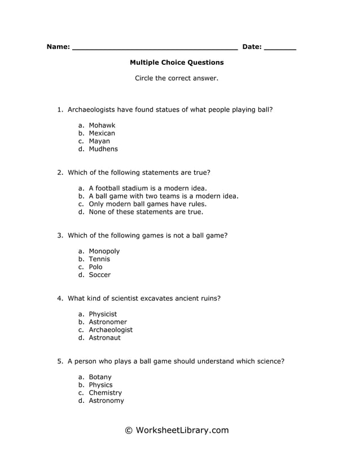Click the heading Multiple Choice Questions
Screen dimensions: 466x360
click(177, 63)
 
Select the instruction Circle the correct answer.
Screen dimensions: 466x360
click(177, 78)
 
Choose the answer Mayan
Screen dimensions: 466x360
click(99, 141)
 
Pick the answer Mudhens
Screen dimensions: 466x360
click(103, 149)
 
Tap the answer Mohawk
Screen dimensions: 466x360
click(102, 125)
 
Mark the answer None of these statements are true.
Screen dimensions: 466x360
click(146, 212)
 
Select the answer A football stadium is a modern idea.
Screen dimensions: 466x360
click(148, 188)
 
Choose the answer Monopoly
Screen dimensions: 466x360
click(104, 251)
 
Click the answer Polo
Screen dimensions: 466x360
click(96, 267)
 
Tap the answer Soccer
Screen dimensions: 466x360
click(100, 275)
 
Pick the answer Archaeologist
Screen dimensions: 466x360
click(111, 329)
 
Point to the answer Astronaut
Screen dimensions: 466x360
click(105, 337)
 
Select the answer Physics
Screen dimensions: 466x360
click(101, 385)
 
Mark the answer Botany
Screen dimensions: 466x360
click(100, 377)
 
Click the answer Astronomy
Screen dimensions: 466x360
click(106, 401)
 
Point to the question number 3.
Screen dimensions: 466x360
click(60, 235)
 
